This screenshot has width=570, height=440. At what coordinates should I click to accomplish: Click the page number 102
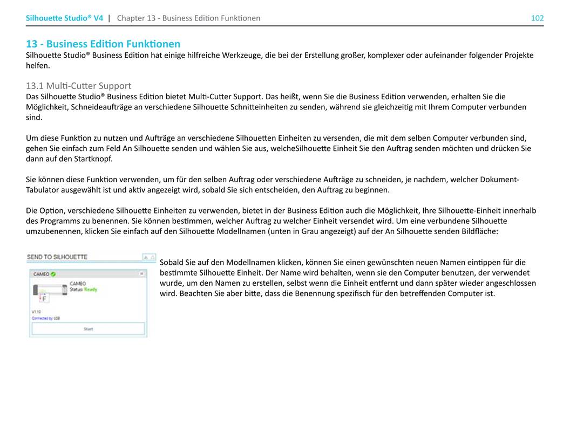point(537,18)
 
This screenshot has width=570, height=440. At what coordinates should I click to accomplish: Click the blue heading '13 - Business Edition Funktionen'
point(103,44)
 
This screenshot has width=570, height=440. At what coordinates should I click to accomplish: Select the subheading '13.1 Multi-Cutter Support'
point(78,86)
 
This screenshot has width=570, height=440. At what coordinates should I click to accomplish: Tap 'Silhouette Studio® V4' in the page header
point(64,18)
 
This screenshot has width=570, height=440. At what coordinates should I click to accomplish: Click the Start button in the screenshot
point(88,329)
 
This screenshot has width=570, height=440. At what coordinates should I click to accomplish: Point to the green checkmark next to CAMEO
point(53,274)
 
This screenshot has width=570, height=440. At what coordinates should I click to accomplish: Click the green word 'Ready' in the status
point(90,290)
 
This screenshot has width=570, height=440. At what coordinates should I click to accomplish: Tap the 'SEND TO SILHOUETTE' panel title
point(57,257)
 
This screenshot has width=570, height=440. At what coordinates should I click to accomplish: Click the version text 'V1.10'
point(36,312)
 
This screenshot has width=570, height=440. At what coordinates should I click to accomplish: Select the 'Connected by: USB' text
point(45,318)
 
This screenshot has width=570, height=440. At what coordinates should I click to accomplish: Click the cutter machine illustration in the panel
point(50,291)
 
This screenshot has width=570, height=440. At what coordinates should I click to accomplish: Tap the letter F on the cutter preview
point(44,298)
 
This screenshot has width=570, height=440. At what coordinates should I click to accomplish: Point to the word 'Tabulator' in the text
point(44,190)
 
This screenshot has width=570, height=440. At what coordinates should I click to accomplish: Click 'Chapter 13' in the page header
point(136,18)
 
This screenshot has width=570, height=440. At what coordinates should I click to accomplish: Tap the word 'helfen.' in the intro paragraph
point(38,65)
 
